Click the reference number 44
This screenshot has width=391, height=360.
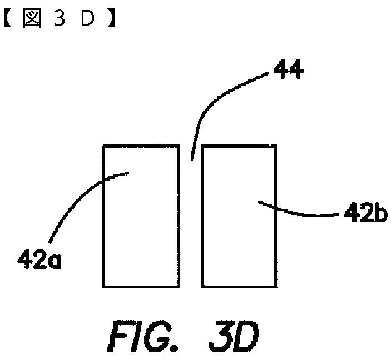287,71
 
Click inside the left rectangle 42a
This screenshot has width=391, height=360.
141,233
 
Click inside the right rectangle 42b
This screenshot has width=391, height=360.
239,244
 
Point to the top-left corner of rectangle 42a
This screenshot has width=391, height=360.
103,146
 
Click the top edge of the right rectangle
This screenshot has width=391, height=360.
239,146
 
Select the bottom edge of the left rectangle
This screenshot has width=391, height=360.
141,287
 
